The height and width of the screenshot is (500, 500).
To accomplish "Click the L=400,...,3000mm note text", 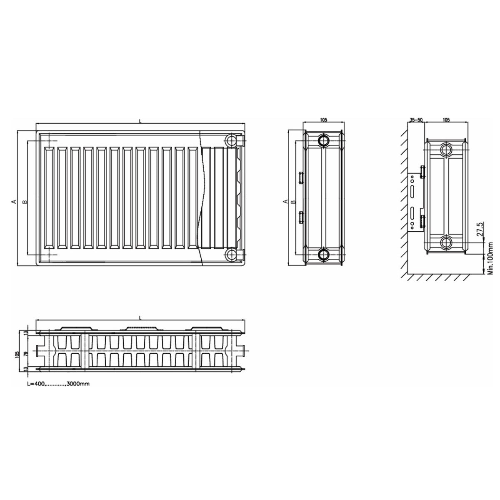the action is tap(58, 384).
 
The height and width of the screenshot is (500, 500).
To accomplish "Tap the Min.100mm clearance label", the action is tap(490, 259).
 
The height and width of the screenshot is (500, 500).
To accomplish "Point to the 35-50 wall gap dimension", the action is tap(416, 120).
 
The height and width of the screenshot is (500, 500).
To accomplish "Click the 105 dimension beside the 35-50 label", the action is tap(446, 120).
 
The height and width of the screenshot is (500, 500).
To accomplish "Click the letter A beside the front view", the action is tap(15, 201).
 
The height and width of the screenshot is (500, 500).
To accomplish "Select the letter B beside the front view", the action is tap(25, 201).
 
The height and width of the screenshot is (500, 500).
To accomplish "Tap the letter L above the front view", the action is tap(140, 121).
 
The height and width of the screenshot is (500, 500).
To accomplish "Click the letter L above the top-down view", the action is tap(140, 317).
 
